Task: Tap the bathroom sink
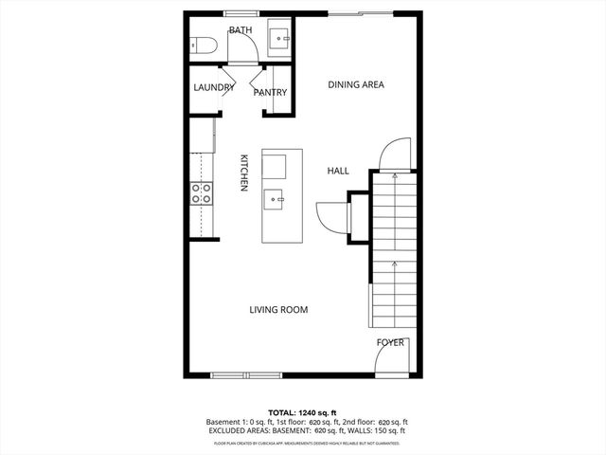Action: click(280, 39)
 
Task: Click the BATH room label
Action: click(240, 30)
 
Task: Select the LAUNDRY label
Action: click(213, 88)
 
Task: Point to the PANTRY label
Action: click(270, 92)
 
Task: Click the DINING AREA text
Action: click(355, 84)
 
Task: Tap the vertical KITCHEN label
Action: click(243, 173)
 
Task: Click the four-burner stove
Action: click(202, 193)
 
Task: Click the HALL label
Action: click(338, 172)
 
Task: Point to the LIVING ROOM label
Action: click(278, 310)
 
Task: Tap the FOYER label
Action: click(391, 342)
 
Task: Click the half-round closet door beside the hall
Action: click(333, 216)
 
